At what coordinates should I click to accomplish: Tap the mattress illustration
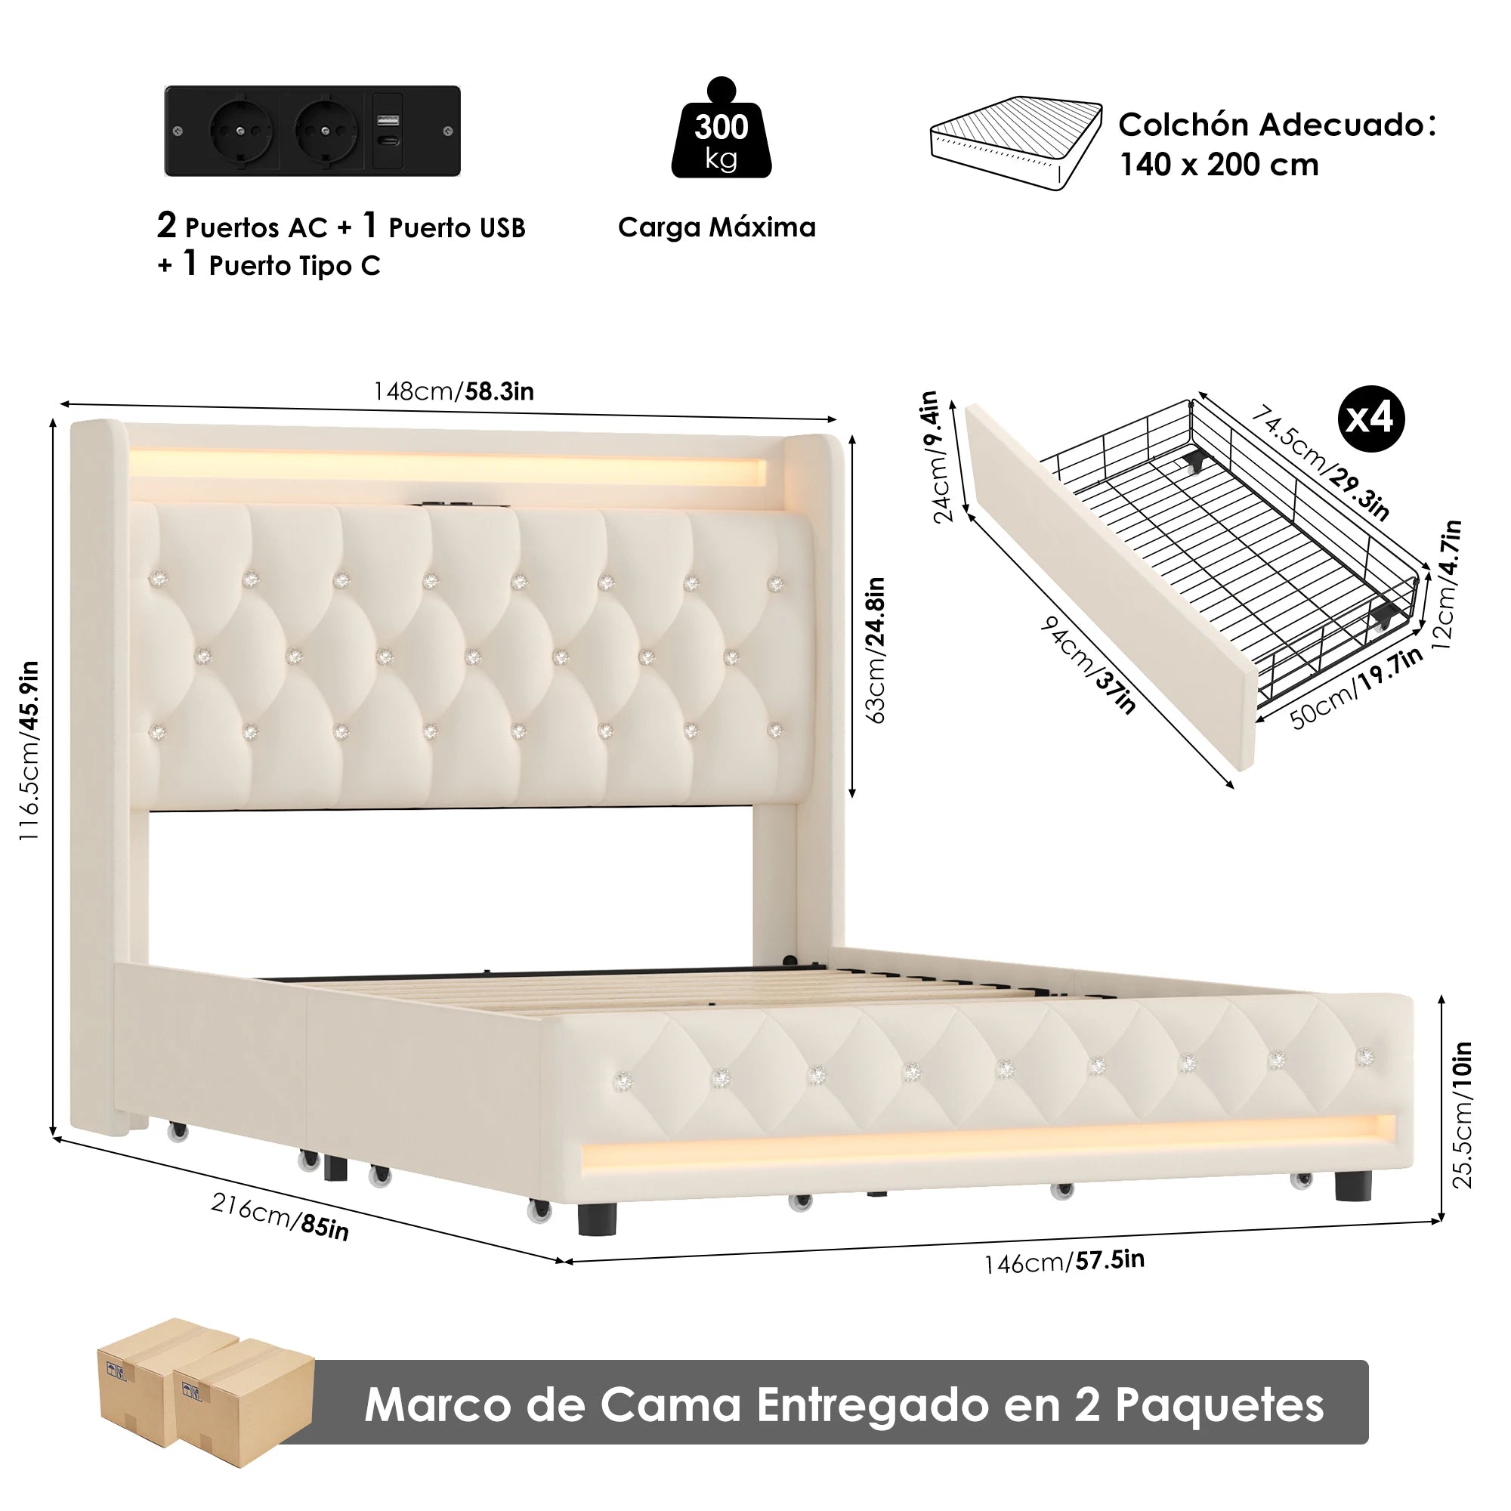coord(1016,143)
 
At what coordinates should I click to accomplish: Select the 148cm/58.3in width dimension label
coord(453,391)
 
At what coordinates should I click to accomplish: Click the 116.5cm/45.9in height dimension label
coord(29,751)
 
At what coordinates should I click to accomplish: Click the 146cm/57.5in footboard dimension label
coord(1064,1262)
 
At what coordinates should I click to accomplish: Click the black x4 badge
coord(1371,419)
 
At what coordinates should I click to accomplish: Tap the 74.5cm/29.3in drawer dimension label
coord(1320,462)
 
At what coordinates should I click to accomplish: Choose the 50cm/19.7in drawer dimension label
coord(1356,689)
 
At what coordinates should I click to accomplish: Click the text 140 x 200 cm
coord(1219,165)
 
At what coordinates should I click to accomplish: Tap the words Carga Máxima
coord(716,227)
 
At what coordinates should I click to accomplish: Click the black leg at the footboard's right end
coord(1353,1185)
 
